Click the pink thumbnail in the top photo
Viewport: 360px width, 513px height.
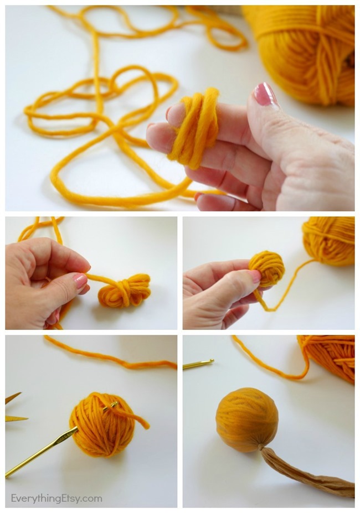(x=264, y=94)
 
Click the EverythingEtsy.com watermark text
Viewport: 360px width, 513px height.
(x=56, y=498)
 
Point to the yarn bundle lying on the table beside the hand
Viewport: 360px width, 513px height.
(x=125, y=291)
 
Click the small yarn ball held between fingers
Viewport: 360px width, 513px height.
(x=267, y=268)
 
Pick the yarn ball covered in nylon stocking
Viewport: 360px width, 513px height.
(x=246, y=419)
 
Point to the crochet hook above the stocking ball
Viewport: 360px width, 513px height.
(x=198, y=364)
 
